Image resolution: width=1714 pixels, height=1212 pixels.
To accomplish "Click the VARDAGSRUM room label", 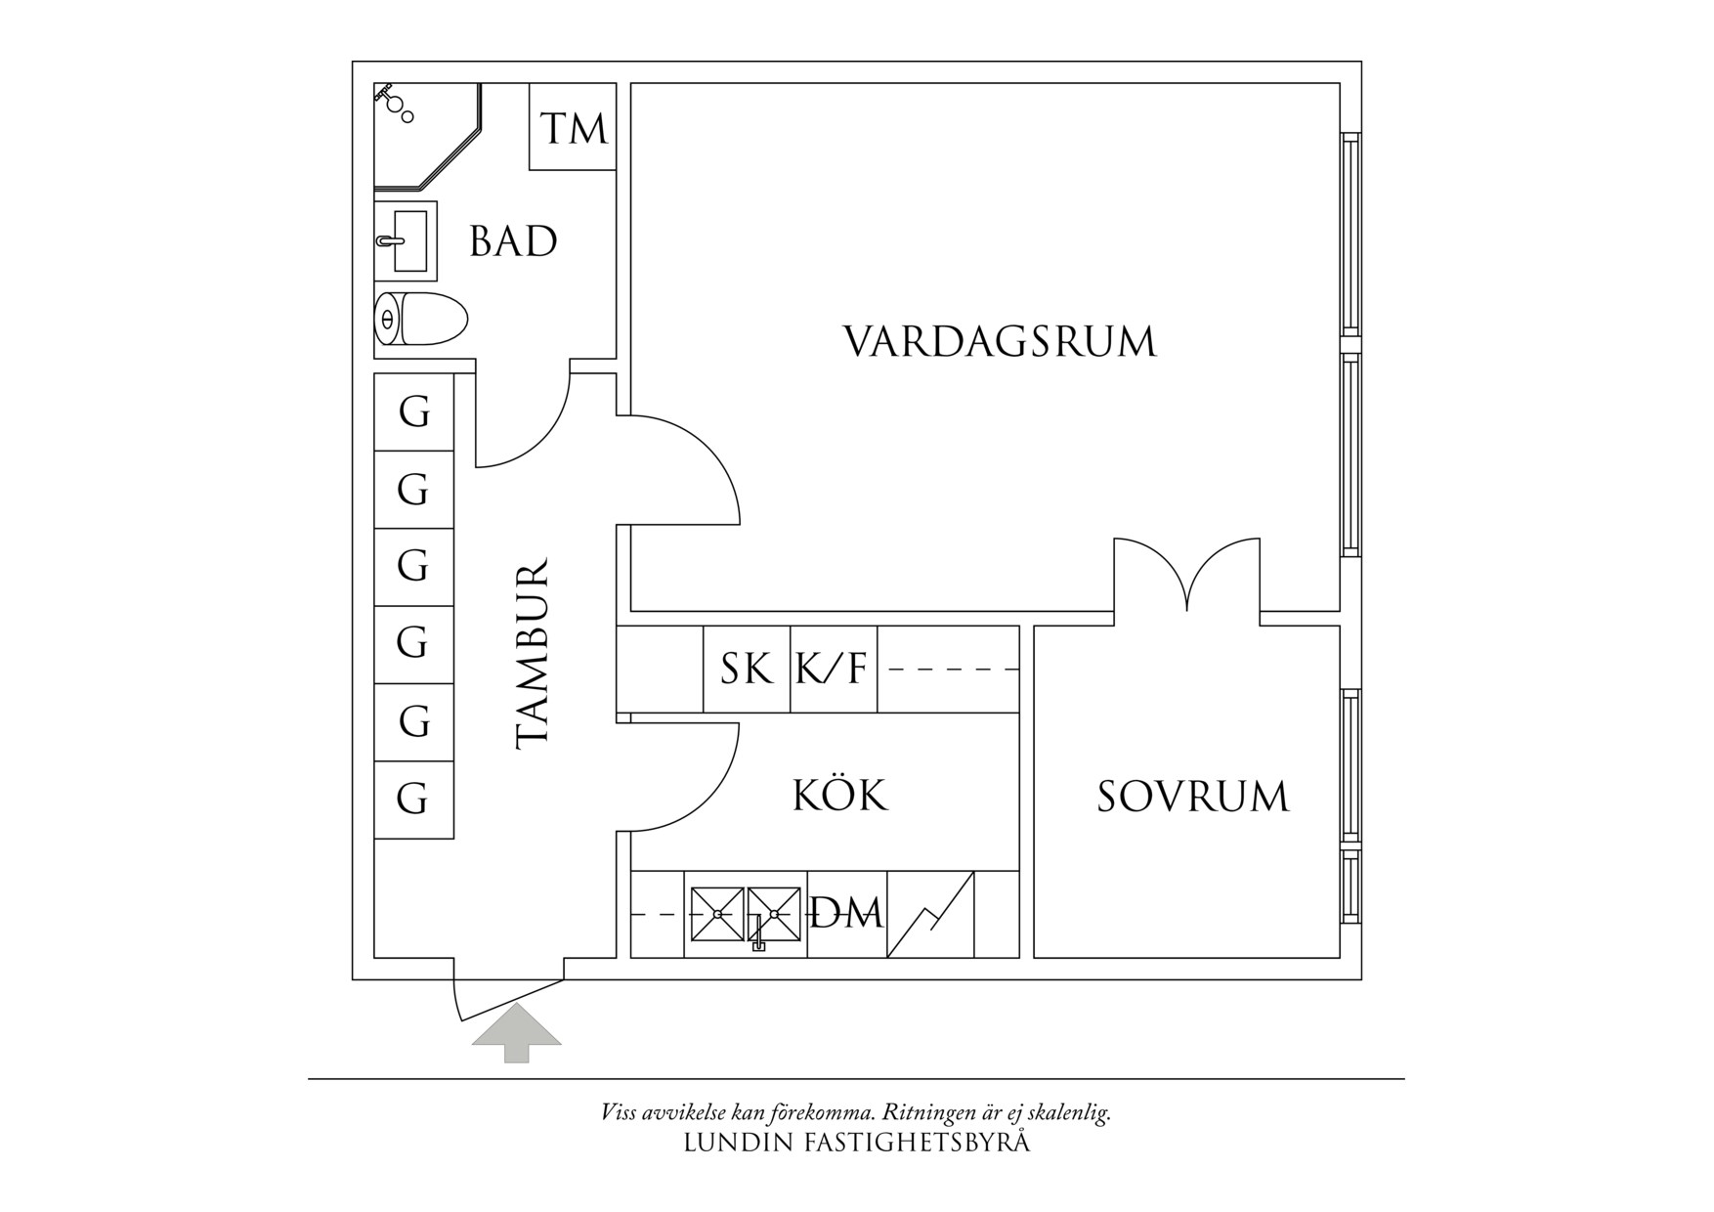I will (x=999, y=342).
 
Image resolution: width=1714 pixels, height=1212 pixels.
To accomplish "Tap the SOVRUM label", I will (x=1192, y=797).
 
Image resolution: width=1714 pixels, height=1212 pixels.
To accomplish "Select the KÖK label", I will (x=839, y=796).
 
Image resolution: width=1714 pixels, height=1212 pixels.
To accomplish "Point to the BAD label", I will (x=513, y=241).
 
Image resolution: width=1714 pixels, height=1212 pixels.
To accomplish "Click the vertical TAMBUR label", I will (x=534, y=655).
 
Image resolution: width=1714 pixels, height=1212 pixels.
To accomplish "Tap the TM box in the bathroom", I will (x=574, y=128).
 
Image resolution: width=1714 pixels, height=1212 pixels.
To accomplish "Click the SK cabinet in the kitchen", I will (x=747, y=670).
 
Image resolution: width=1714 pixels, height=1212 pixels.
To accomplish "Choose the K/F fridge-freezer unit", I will (x=833, y=670).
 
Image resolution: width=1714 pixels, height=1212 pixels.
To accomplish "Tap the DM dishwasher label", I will (x=847, y=914).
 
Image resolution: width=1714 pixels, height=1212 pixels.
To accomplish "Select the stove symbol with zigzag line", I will (x=930, y=914).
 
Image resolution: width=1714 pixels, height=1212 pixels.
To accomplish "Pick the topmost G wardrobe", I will (x=414, y=412).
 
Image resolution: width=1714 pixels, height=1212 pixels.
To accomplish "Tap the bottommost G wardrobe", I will (x=414, y=799).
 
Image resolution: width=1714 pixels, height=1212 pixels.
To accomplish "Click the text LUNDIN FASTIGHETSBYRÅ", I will (x=856, y=1143).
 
